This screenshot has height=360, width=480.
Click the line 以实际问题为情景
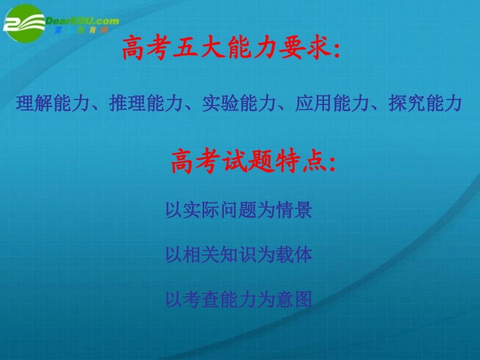click(238, 211)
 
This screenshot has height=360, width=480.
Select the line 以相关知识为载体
click(238, 255)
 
